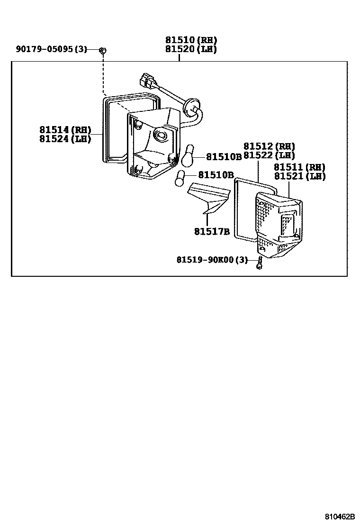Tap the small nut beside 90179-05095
pyautogui.click(x=103, y=50)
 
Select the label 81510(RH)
pyautogui.click(x=191, y=40)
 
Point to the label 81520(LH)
pyautogui.click(x=191, y=49)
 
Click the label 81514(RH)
pyautogui.click(x=65, y=130)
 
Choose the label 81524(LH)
pyautogui.click(x=65, y=139)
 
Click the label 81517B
pyautogui.click(x=212, y=232)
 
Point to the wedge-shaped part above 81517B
pyautogui.click(x=208, y=197)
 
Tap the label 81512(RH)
pyautogui.click(x=269, y=146)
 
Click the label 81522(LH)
pyautogui.click(x=269, y=155)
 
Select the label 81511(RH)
pyautogui.click(x=299, y=167)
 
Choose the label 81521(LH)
pyautogui.click(x=299, y=176)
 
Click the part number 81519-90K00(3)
pyautogui.click(x=212, y=260)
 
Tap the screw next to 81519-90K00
pyautogui.click(x=259, y=262)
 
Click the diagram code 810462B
pyautogui.click(x=340, y=517)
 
